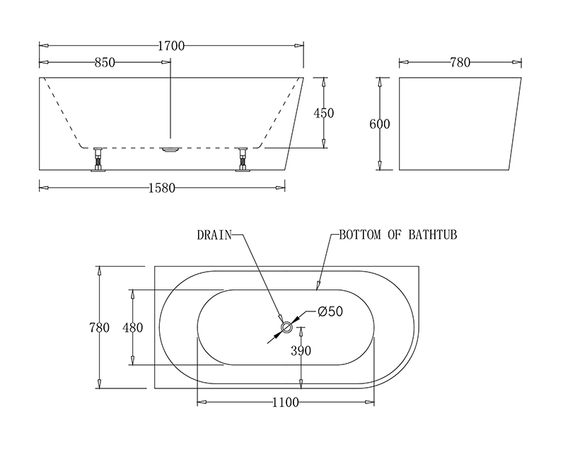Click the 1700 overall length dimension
pyautogui.click(x=171, y=46)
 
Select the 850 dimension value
pyautogui.click(x=105, y=62)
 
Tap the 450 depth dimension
pyautogui.click(x=323, y=113)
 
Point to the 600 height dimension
pyautogui.click(x=380, y=124)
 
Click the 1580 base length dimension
pyautogui.click(x=162, y=187)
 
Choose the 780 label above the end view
pyautogui.click(x=460, y=62)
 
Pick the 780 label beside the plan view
pyautogui.click(x=100, y=328)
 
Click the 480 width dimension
pyautogui.click(x=132, y=328)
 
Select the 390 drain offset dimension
pyautogui.click(x=301, y=351)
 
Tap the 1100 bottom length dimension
pyautogui.click(x=286, y=403)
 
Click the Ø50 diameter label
pyautogui.click(x=330, y=311)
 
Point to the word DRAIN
pyautogui.click(x=214, y=235)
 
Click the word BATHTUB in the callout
pyautogui.click(x=433, y=235)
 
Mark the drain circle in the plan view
pyautogui.click(x=286, y=327)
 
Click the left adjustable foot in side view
pyautogui.click(x=98, y=159)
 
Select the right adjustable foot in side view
pyautogui.click(x=243, y=159)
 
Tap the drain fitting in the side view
pyautogui.click(x=170, y=150)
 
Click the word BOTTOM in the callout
pyautogui.click(x=360, y=235)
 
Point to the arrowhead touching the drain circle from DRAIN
pyautogui.click(x=280, y=318)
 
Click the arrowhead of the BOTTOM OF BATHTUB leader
pyautogui.click(x=318, y=286)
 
